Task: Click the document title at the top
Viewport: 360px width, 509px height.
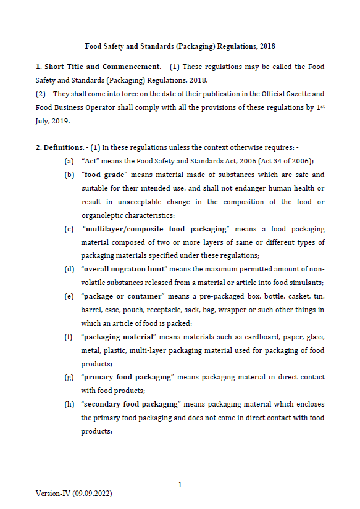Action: pyautogui.click(x=180, y=46)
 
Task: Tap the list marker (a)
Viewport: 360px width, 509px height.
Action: pyautogui.click(x=69, y=161)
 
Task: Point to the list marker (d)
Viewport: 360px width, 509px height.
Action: pyautogui.click(x=69, y=269)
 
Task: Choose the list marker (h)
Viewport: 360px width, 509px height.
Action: pyautogui.click(x=69, y=404)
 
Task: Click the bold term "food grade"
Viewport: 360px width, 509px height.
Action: pyautogui.click(x=101, y=175)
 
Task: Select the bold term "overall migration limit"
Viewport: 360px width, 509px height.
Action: pyautogui.click(x=123, y=269)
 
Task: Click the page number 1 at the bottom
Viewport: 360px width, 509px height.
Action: pyautogui.click(x=180, y=485)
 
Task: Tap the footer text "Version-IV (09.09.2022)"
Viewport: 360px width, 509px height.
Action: pyautogui.click(x=73, y=494)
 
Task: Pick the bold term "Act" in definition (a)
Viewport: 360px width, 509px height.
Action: pyautogui.click(x=91, y=161)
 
